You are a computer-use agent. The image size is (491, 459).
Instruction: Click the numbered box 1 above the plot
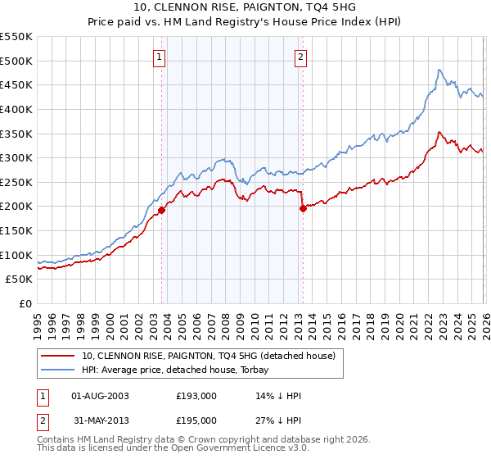coord(159,57)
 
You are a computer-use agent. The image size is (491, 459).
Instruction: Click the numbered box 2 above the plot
coord(301,57)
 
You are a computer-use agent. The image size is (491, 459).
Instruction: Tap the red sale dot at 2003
coord(161,210)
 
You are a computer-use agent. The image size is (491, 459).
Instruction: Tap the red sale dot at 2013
coord(303,208)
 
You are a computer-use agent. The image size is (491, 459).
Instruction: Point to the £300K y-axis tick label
coord(16,157)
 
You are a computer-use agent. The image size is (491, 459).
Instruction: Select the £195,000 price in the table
coord(196,420)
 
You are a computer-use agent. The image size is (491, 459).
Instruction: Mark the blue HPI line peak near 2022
coord(439,70)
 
